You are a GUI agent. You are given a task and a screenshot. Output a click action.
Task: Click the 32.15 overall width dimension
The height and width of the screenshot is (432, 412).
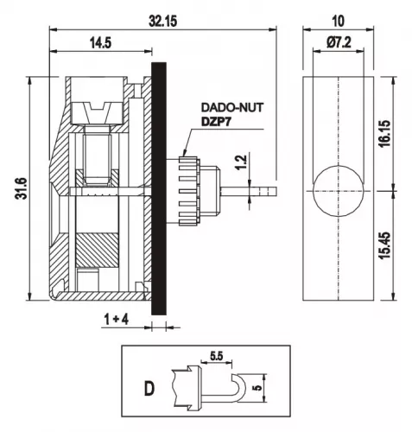pos(162,22)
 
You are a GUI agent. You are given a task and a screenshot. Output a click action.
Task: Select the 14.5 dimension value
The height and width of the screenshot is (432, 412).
pos(100,43)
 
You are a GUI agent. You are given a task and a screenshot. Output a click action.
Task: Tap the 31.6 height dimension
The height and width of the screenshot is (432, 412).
pos(22,188)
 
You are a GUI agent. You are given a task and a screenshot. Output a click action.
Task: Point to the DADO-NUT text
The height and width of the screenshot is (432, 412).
pos(232,107)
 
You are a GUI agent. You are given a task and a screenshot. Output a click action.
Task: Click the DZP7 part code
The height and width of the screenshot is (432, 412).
pos(216,122)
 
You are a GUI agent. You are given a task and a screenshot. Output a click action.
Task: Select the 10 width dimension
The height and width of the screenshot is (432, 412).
pos(338,22)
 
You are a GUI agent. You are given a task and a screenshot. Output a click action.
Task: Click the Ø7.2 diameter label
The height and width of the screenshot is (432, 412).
pos(339,43)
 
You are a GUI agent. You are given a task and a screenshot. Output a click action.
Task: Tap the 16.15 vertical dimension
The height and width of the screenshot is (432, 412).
pos(385,134)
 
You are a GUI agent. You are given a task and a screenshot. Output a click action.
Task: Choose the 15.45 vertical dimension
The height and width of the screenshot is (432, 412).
pos(385,245)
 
